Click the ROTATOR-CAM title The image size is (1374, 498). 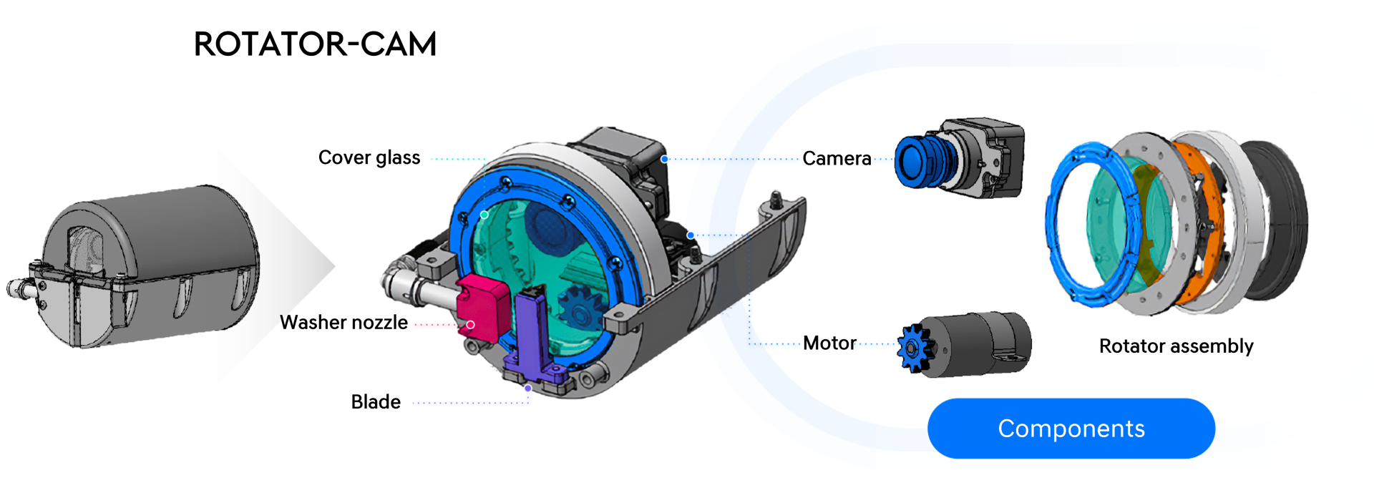pyautogui.click(x=315, y=44)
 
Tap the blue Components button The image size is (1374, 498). pyautogui.click(x=1071, y=429)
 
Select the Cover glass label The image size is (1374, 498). pyautogui.click(x=369, y=158)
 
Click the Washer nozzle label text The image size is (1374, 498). pyautogui.click(x=343, y=323)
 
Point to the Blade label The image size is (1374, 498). pyautogui.click(x=376, y=402)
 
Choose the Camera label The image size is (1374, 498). pyautogui.click(x=837, y=159)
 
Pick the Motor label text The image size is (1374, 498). pyautogui.click(x=829, y=343)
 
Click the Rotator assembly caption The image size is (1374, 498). pyautogui.click(x=1176, y=346)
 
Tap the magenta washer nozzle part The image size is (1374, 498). pyautogui.click(x=483, y=307)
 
